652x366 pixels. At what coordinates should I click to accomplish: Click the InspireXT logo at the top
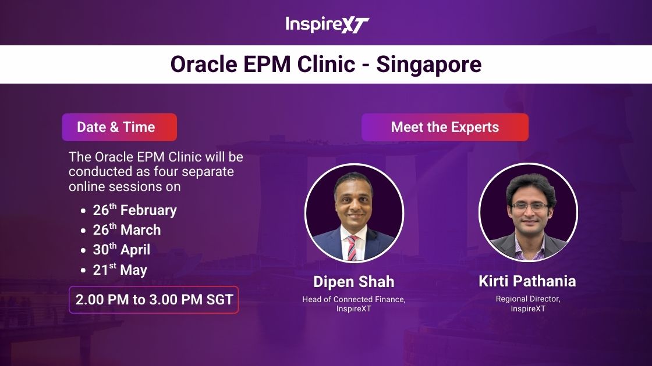[327, 24]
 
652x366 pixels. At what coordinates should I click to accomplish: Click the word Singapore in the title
[428, 64]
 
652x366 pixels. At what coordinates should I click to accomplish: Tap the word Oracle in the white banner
[203, 64]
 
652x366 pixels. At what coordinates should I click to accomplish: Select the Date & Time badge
[119, 127]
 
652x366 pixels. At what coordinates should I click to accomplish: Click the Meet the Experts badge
[445, 127]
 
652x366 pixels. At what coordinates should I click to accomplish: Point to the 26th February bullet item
[134, 210]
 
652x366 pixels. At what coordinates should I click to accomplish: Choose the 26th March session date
[127, 229]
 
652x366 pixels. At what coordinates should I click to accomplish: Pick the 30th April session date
[122, 249]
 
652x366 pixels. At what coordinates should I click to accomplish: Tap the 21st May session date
[120, 270]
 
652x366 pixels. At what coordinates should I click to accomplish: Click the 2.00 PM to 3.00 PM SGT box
[154, 300]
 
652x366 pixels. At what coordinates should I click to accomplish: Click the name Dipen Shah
[354, 282]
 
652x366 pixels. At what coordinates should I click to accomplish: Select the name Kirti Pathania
[527, 281]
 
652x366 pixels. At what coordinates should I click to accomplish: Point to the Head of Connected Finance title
[354, 299]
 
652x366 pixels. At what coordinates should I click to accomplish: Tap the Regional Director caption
[528, 299]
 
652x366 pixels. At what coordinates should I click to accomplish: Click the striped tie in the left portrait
[352, 247]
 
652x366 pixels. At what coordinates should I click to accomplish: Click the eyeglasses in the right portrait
[529, 206]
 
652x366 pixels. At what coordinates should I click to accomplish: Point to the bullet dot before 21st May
[83, 271]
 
